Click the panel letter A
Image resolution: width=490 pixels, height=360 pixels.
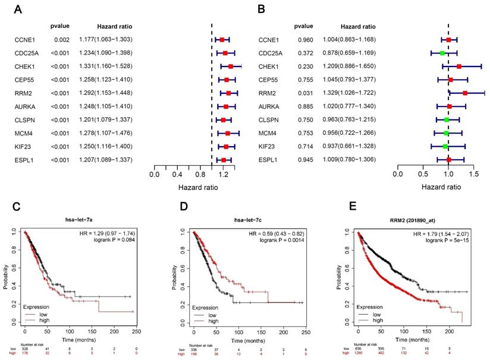pos(17,10)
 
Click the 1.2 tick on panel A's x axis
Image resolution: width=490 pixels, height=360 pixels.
pos(223,175)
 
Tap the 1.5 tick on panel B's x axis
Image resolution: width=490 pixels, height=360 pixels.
pos(474,175)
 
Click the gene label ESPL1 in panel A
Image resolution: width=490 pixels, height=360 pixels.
pos(25,160)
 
